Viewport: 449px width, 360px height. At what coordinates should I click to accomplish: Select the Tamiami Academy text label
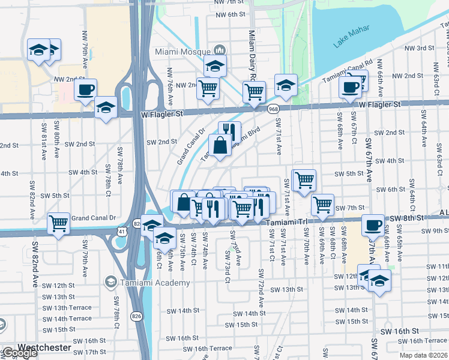click(x=147, y=281)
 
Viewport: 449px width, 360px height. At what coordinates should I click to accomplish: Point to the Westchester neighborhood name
click(x=44, y=347)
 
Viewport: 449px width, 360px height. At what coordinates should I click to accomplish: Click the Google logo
click(x=20, y=353)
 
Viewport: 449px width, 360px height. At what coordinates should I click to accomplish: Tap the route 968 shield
click(x=273, y=109)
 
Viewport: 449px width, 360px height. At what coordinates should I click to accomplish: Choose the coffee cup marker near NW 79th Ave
click(x=85, y=90)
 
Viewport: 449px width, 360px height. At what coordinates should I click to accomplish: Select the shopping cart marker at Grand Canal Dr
click(x=58, y=224)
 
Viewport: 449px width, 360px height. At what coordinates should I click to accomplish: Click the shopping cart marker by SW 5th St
click(x=304, y=179)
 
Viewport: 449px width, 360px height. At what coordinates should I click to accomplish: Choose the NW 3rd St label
click(x=420, y=48)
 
